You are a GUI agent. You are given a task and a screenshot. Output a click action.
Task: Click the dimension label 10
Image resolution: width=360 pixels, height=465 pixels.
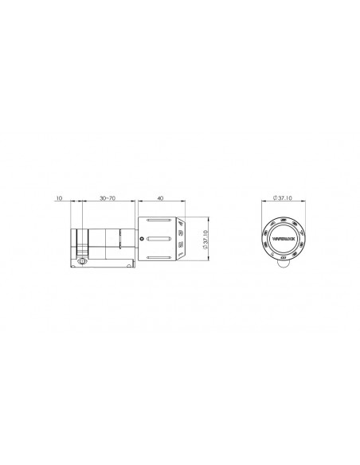click(60, 197)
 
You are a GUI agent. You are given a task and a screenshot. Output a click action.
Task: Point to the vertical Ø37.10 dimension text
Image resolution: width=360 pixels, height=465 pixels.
click(205, 239)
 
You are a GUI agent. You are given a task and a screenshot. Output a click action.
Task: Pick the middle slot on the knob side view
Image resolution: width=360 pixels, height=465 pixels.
click(159, 239)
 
